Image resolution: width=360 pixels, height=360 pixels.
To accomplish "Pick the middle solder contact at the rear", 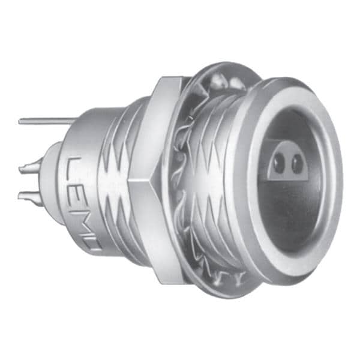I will coord(30,169).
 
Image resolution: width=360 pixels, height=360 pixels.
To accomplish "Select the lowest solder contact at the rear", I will coord(30,196).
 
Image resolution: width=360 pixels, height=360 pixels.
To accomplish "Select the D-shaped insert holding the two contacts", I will coord(287,163).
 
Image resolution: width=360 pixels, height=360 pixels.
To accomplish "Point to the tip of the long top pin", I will coord(20,121).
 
